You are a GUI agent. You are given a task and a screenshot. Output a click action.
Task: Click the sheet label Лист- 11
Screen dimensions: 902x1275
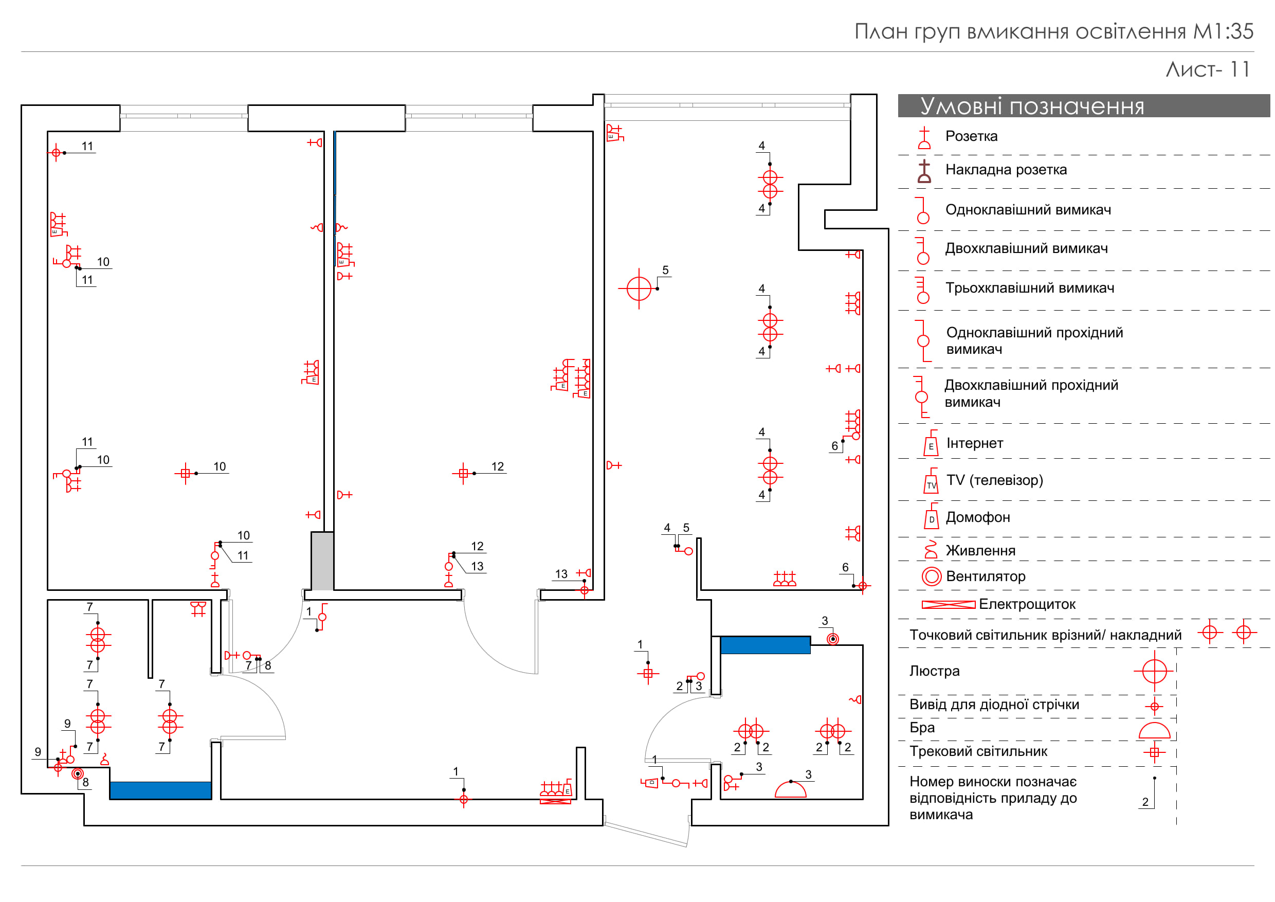[x=1207, y=69]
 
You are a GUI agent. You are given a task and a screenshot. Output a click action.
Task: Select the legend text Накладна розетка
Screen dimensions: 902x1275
[x=1006, y=169]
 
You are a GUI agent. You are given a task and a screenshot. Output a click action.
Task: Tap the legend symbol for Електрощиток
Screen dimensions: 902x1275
[x=948, y=605]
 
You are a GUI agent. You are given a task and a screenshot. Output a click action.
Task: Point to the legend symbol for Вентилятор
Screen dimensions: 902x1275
[x=931, y=576]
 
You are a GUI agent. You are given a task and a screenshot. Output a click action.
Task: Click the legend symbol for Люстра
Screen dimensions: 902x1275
[x=1154, y=671]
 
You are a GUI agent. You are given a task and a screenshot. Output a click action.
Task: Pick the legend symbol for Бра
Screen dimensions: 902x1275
[x=1154, y=730]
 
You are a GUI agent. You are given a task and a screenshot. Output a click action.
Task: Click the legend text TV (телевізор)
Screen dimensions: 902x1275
[x=994, y=480]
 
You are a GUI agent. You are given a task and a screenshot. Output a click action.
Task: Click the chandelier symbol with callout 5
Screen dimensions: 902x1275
[x=639, y=288]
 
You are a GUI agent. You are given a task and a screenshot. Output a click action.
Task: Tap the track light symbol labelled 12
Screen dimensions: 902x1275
[x=463, y=473]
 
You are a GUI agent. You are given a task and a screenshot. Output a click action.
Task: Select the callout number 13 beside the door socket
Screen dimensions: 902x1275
[x=561, y=574]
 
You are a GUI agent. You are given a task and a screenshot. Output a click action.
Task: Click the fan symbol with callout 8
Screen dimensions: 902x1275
[x=78, y=774]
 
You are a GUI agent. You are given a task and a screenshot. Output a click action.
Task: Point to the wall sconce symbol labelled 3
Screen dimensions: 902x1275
[x=790, y=789]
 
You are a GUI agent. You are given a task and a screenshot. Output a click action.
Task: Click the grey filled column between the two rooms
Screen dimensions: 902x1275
[x=322, y=561]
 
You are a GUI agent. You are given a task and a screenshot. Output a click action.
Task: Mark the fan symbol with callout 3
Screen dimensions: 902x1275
[x=832, y=639]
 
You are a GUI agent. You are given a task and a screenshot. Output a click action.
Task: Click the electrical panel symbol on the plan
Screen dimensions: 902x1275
[x=555, y=800]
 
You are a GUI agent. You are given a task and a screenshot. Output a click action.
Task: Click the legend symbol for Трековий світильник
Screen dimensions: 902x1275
[x=1154, y=752]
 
